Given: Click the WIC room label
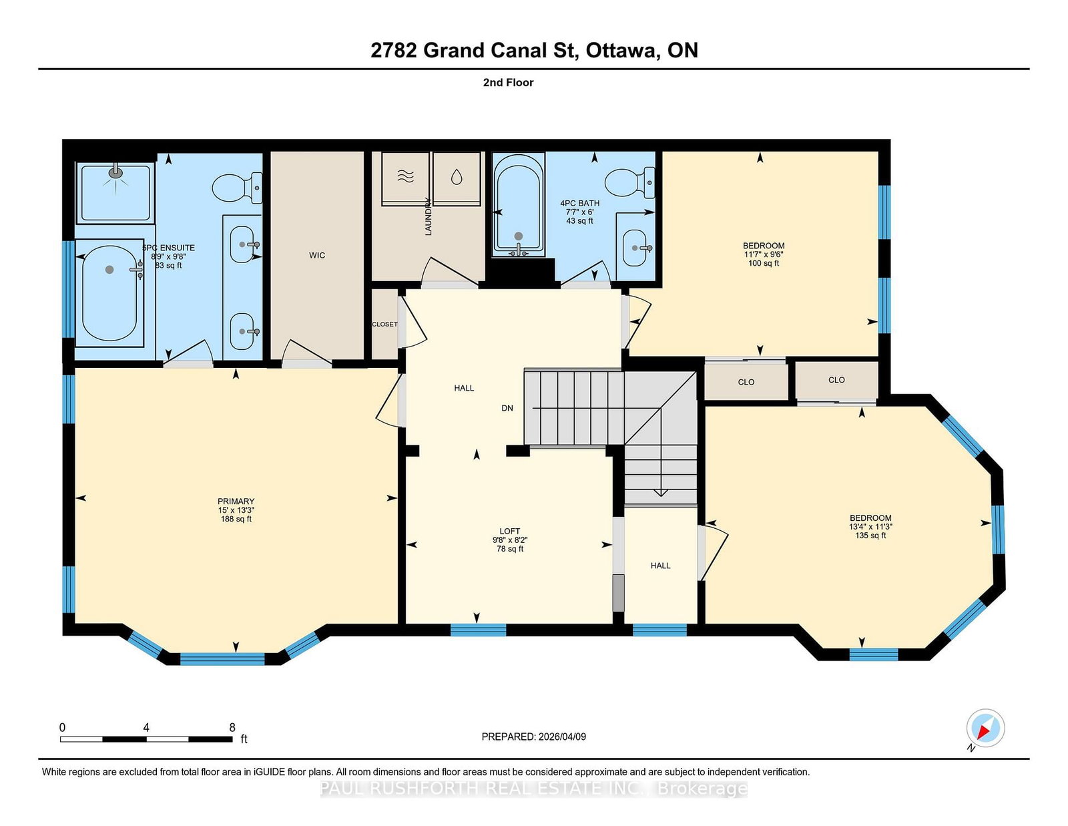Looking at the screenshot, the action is coord(317,255).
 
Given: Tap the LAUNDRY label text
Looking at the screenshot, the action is coord(428,217).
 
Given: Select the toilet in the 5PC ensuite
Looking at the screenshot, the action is coord(237,188).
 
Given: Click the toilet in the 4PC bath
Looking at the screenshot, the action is coord(629,182).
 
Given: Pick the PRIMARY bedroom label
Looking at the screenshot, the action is coord(236,501).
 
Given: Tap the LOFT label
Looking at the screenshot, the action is coord(510,531).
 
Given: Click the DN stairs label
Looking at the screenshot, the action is coord(507,408).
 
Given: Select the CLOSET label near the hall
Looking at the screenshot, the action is coord(384,325).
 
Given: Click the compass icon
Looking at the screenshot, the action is coord(985,729).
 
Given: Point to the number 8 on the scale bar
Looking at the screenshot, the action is coord(232,727).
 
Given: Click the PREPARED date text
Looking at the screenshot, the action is coord(534,737).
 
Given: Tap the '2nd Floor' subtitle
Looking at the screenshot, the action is coord(508,83).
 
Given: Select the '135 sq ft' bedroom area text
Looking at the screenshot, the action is coord(870,536).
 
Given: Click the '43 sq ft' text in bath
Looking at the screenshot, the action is coord(579,221).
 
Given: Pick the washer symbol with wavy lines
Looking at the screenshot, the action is coord(405,176).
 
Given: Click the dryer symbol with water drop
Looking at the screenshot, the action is coord(457,176).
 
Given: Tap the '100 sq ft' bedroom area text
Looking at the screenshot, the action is coord(763,263).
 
